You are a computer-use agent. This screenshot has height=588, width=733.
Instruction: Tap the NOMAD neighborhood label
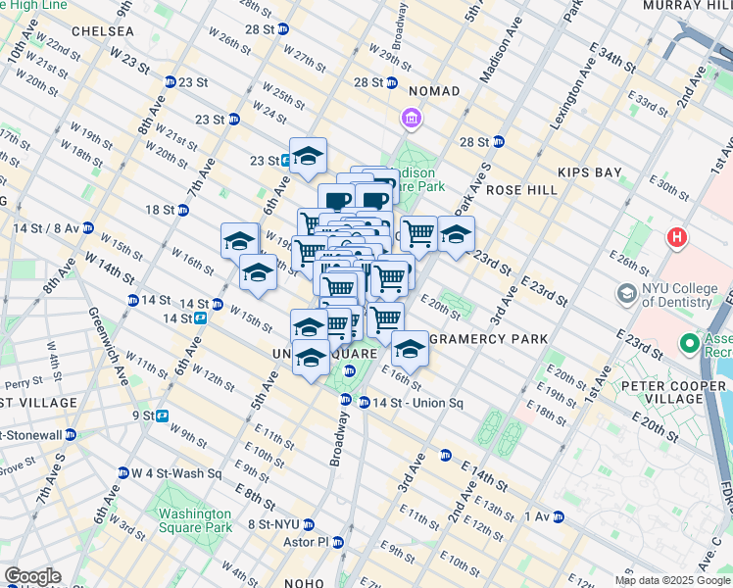(434, 91)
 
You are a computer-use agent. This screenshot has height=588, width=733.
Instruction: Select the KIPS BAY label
(590, 172)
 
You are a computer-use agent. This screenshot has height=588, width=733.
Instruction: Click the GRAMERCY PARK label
(489, 339)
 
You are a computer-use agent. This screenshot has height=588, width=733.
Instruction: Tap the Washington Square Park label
(195, 520)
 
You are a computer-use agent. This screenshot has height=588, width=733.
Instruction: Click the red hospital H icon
(677, 237)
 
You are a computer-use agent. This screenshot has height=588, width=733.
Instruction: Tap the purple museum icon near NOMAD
(411, 120)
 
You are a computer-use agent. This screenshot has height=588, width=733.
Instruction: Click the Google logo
(32, 576)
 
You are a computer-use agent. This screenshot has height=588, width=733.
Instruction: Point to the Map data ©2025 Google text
(672, 580)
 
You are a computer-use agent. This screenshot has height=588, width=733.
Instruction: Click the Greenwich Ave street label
(109, 343)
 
